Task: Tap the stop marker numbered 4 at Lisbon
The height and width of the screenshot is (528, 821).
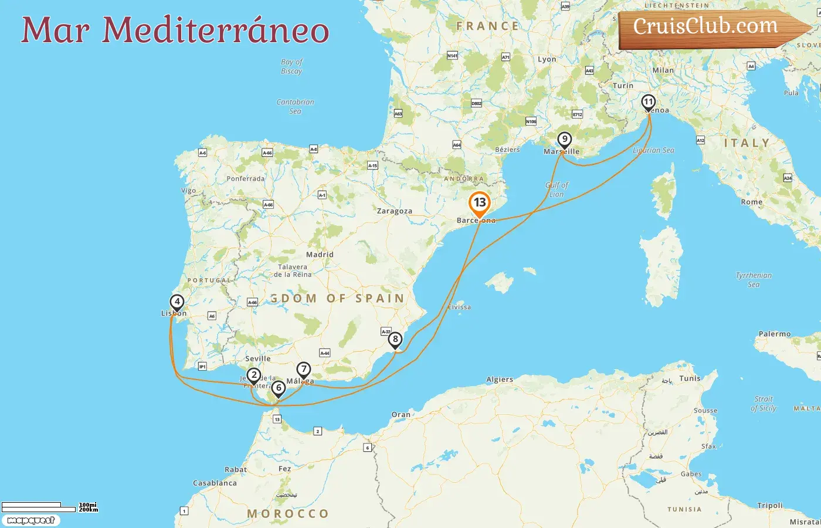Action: coord(177,302)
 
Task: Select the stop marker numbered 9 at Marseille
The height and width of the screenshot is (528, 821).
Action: coord(564,140)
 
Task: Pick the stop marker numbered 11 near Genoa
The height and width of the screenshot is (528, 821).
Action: coord(648,102)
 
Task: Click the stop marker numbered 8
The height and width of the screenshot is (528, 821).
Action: coord(395,339)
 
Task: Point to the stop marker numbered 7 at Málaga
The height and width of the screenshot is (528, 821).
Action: coord(303,370)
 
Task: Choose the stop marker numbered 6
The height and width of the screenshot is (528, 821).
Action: coord(279,388)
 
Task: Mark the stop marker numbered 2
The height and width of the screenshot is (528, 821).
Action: coord(253,375)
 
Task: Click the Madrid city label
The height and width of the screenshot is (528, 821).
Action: coord(320,255)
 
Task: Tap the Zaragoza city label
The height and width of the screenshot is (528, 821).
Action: coord(394,211)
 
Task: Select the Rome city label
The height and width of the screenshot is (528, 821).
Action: coord(751,202)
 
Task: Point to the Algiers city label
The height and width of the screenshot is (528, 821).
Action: coord(500,380)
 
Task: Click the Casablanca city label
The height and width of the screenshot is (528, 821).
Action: coord(215,483)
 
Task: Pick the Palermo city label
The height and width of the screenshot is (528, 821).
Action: coord(775,334)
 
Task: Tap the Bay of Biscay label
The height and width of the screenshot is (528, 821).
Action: coord(291,66)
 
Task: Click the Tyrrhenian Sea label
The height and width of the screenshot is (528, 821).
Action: coord(754,280)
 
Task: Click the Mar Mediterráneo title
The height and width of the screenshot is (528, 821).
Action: coord(175,31)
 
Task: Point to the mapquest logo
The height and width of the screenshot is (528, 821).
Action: coord(30,520)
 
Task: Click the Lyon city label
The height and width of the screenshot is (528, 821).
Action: coord(547,59)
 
